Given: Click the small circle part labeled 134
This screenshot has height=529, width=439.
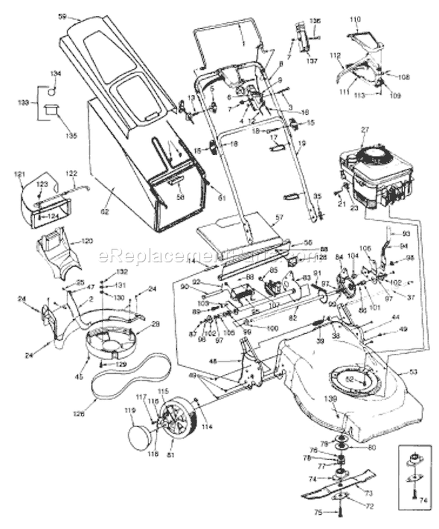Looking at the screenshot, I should point(53,91).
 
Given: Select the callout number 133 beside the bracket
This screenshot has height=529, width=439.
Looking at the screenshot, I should point(23,102).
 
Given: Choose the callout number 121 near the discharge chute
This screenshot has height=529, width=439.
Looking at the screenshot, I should point(20,175).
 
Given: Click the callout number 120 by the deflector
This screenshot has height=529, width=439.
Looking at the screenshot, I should point(87,241).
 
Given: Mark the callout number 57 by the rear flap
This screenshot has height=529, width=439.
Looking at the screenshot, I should point(279,216).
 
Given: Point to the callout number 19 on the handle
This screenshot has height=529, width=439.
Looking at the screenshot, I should point(301,142).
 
